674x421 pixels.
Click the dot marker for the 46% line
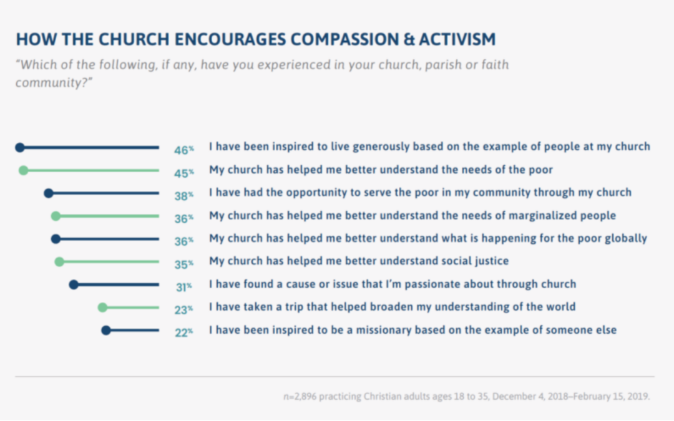[20, 148]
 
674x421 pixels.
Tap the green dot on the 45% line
[23, 170]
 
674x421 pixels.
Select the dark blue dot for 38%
[49, 193]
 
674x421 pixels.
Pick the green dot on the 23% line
[103, 307]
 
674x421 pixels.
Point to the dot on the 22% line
[106, 331]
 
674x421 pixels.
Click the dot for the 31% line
[74, 284]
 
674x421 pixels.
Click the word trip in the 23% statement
[300, 307]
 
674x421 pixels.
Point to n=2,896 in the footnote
[303, 396]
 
